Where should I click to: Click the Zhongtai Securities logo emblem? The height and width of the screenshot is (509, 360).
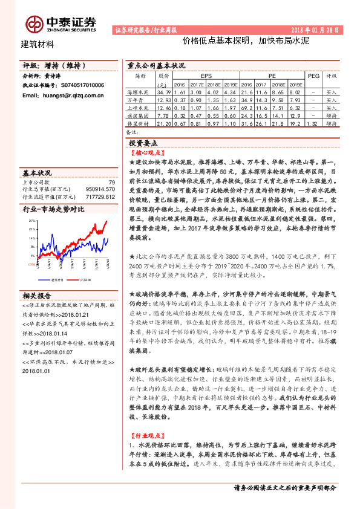tap(34, 24)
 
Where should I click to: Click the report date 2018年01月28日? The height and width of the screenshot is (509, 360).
tap(319, 29)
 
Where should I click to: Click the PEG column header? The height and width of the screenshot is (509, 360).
tap(313, 77)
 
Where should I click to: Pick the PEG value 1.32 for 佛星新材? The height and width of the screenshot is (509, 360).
tap(313, 123)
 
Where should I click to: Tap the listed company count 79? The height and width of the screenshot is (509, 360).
tap(111, 182)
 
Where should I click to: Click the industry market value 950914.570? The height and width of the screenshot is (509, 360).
tap(100, 189)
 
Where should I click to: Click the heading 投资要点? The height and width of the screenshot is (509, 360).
tap(143, 143)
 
